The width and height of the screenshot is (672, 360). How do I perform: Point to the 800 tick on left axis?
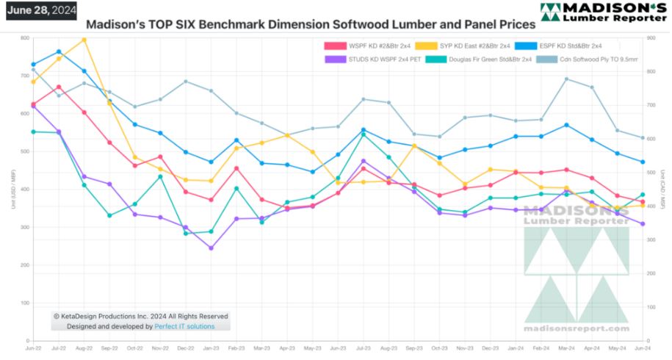[x=25, y=38]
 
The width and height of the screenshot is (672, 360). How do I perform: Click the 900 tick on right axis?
[x=651, y=38]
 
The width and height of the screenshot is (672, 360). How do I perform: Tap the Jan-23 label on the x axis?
[x=212, y=348]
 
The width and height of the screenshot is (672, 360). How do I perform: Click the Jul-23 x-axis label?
[x=364, y=348]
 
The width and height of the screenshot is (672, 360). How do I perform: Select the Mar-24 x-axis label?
[x=566, y=348]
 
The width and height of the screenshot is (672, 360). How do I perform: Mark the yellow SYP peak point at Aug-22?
[x=84, y=40]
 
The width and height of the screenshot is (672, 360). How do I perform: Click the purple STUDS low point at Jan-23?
[x=211, y=248]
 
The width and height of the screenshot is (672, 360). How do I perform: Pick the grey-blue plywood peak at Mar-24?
[x=566, y=79]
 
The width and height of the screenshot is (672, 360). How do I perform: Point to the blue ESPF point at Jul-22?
[x=59, y=51]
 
